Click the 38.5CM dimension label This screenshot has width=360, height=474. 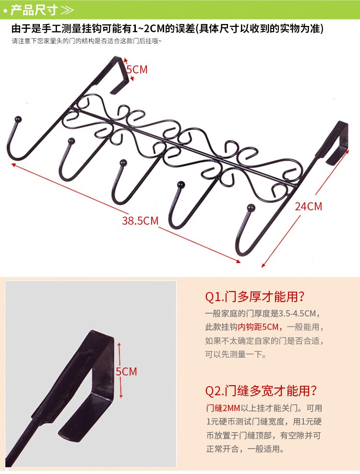coord(140,221)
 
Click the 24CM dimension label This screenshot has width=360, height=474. coord(309,207)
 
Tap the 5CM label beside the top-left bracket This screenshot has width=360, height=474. coord(137,70)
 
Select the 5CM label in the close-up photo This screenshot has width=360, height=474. coord(126,372)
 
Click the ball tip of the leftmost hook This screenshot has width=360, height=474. coord(18,119)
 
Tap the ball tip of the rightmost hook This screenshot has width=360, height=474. coord(251,207)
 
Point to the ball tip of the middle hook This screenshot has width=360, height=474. coord(123,163)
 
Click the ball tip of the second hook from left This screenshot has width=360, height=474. coord(72,141)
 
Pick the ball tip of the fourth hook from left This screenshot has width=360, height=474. coord(181,184)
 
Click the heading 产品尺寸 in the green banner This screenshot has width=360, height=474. coord(34,10)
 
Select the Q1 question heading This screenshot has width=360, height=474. coord(255,297)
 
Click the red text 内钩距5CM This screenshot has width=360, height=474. coord(258,327)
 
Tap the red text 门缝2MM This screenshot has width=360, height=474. coord(223,408)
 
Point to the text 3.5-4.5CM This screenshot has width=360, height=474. coord(297,313)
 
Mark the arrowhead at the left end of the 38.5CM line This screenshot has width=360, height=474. coord(13,164)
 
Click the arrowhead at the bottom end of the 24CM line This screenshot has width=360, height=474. coord(263,265)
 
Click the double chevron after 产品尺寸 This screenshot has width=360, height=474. coord(67,10)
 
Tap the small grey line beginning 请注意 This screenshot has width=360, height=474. coord(87,41)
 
